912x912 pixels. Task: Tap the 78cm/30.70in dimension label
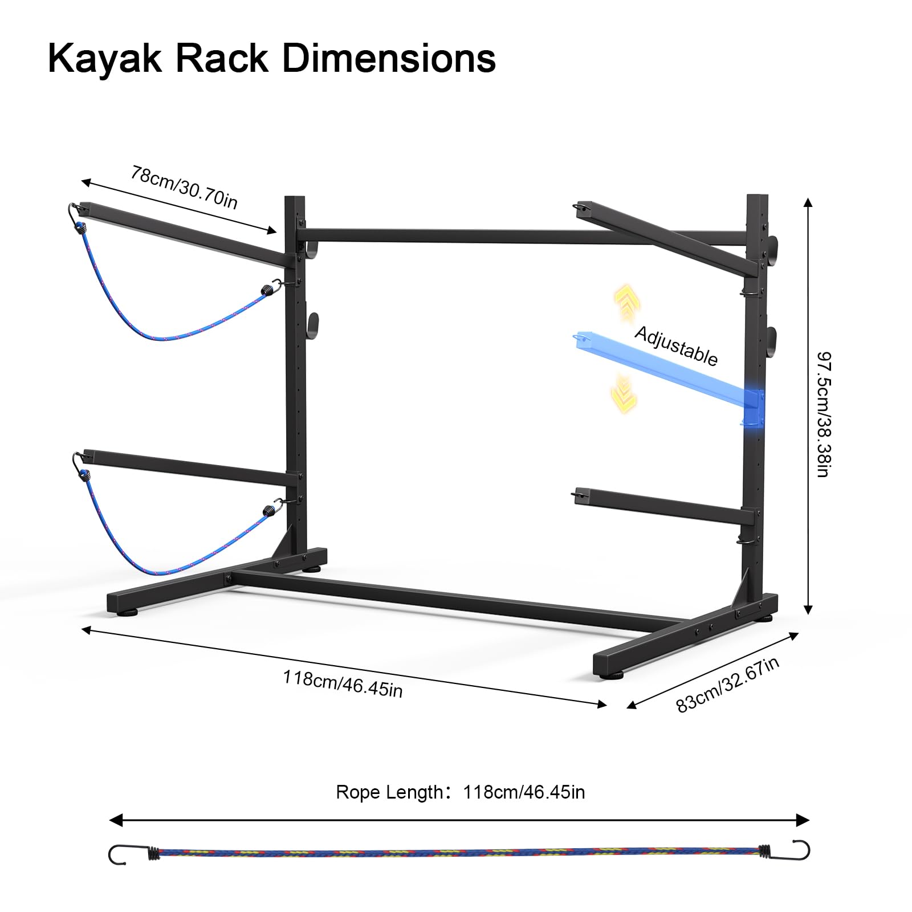click(x=184, y=188)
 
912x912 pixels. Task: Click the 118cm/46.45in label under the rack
click(x=343, y=683)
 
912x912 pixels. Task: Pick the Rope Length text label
click(x=389, y=792)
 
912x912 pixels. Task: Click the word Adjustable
click(x=676, y=345)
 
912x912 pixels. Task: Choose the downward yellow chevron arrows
click(x=624, y=393)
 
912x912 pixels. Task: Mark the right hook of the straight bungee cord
click(x=799, y=849)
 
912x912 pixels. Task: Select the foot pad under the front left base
click(x=130, y=613)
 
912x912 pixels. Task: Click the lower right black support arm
click(x=661, y=504)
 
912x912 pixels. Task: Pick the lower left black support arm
click(x=188, y=468)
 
